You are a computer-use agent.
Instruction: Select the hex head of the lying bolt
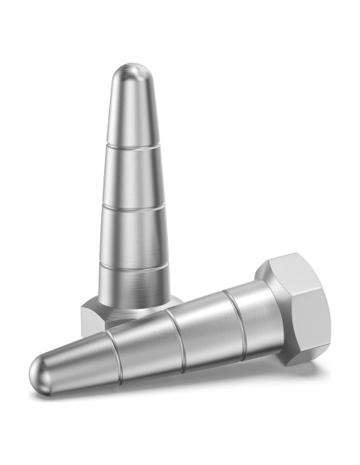295,311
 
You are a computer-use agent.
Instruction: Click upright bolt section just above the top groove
132,119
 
